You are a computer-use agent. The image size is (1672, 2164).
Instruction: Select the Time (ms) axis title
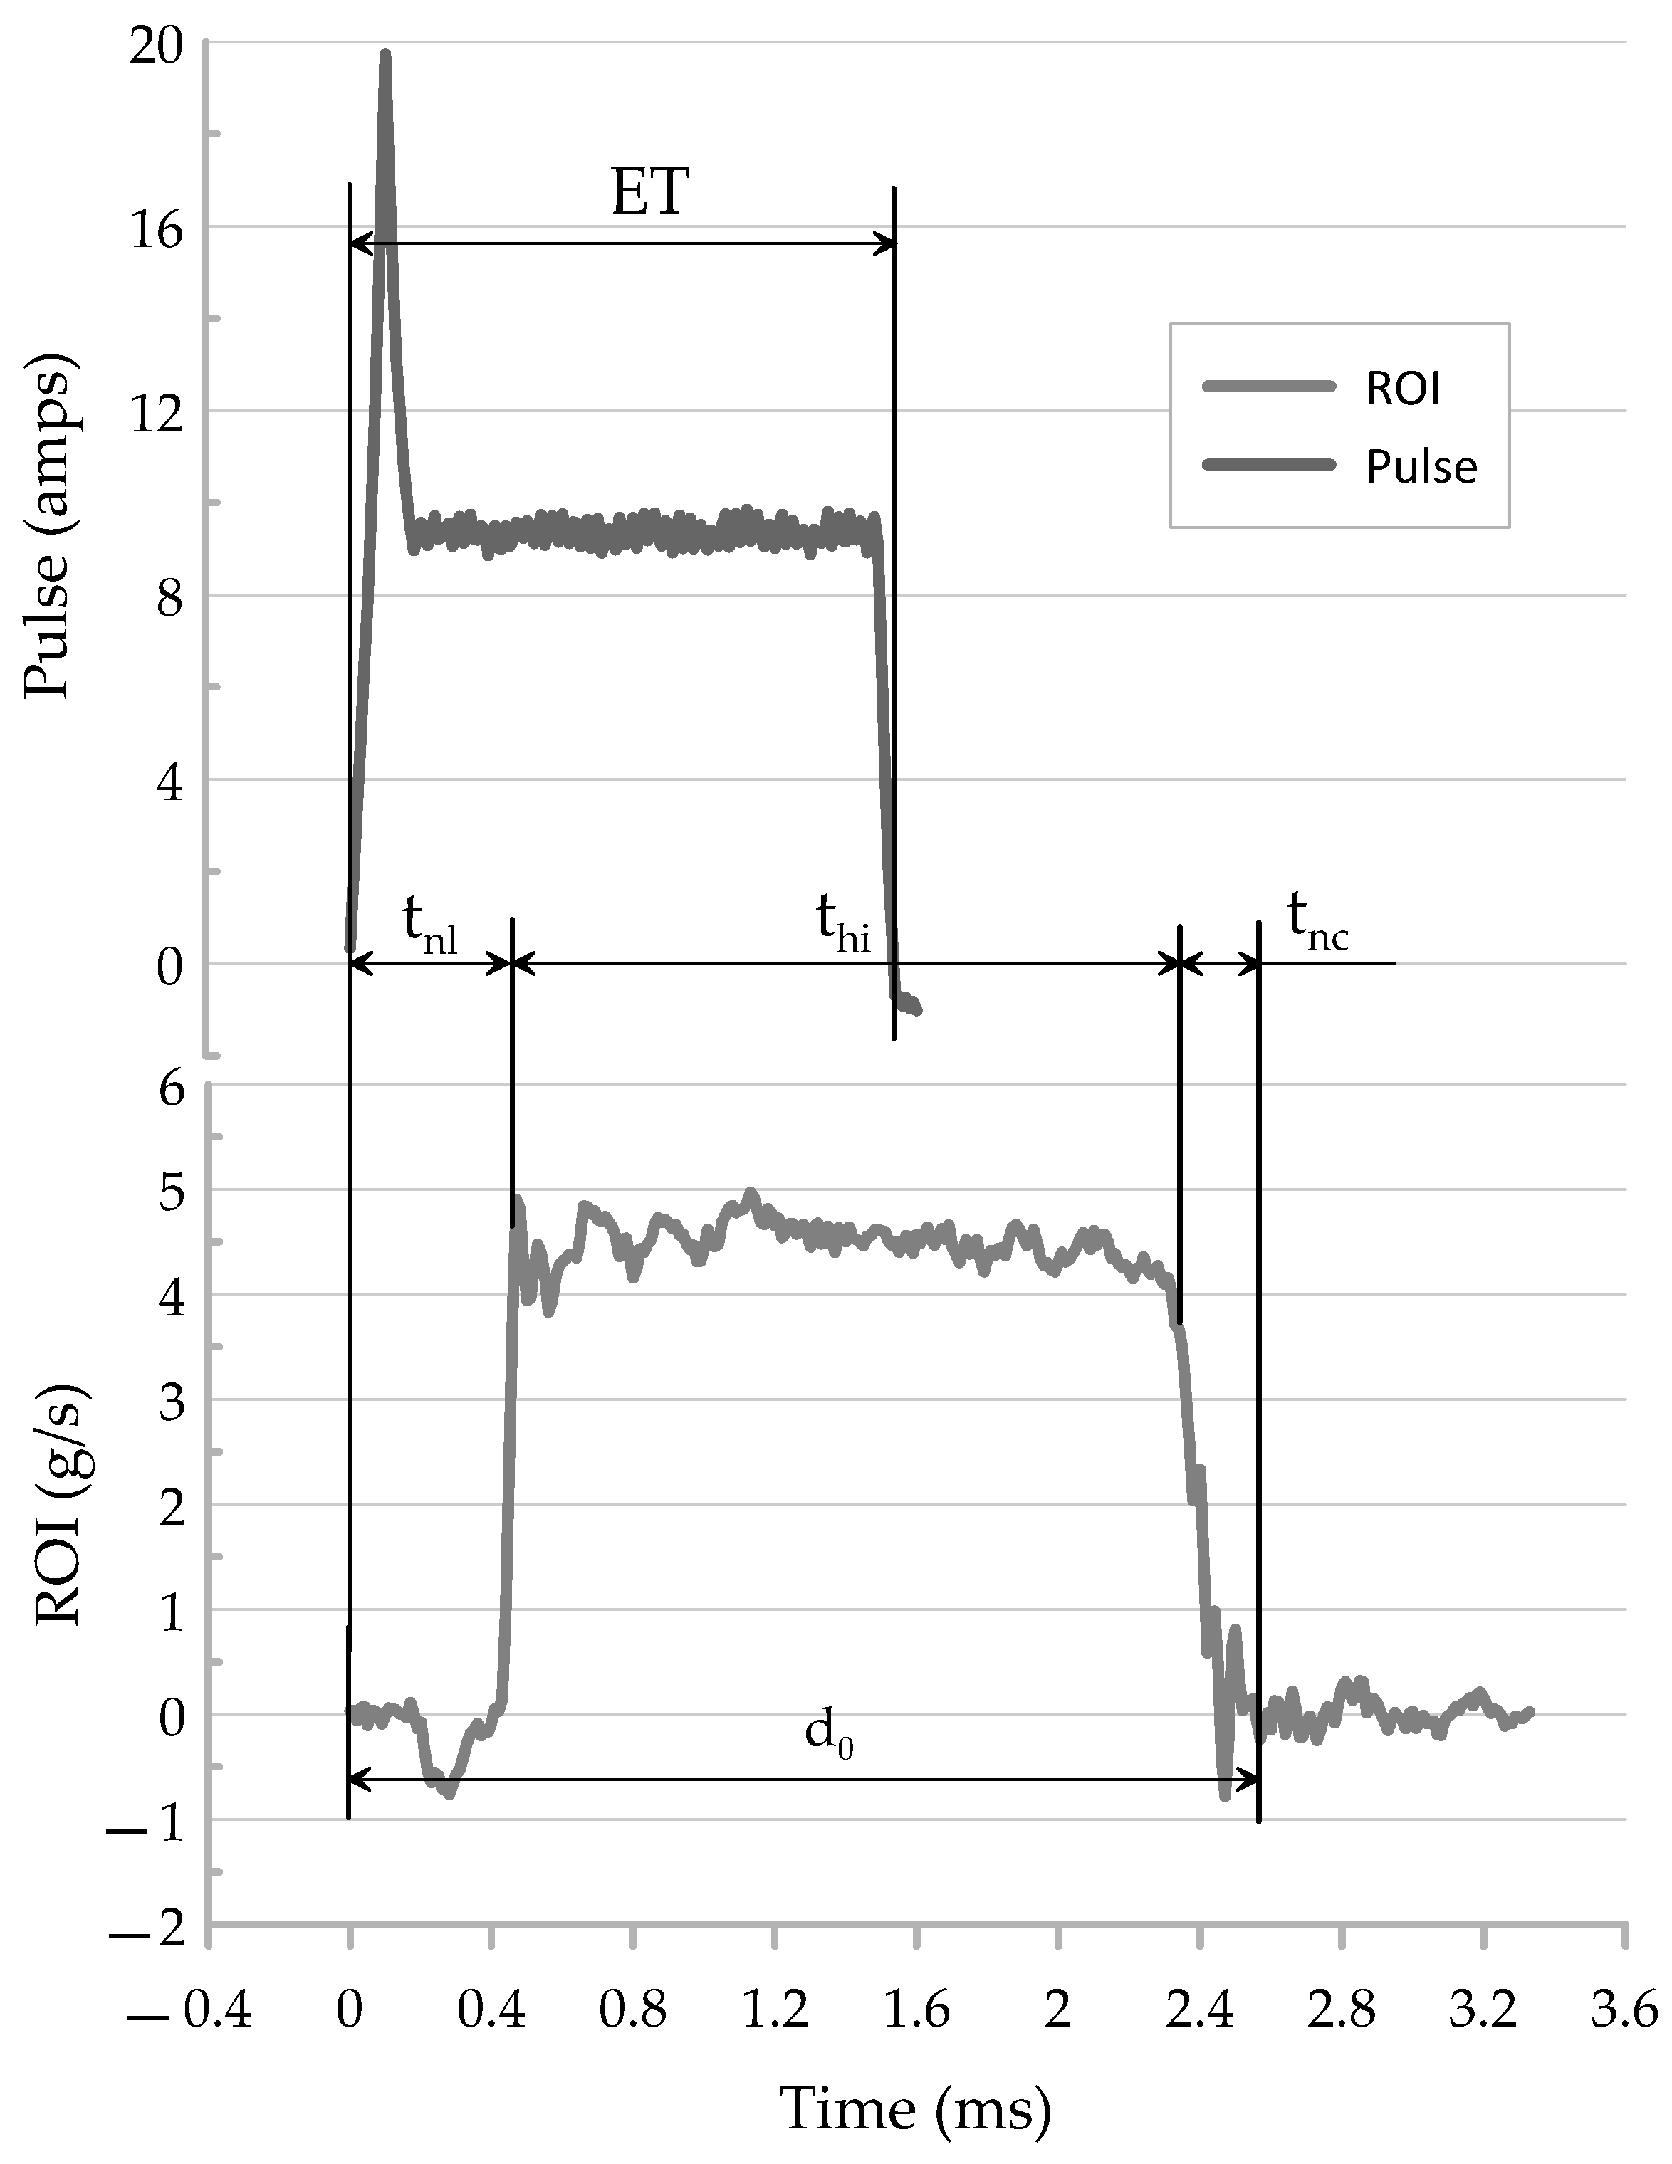[915, 2108]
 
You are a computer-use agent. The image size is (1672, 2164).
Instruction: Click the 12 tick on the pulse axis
[157, 412]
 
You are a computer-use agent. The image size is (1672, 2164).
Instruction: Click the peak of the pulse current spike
[385, 55]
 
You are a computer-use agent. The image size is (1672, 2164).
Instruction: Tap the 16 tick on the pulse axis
[157, 230]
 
